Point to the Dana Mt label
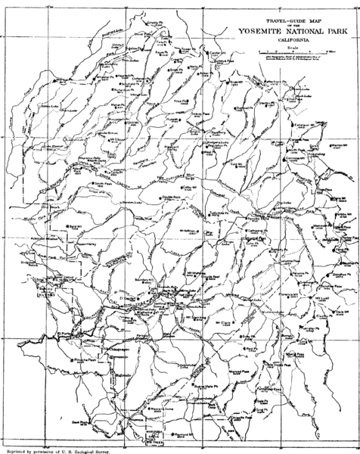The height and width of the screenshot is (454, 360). coord(338,227)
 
